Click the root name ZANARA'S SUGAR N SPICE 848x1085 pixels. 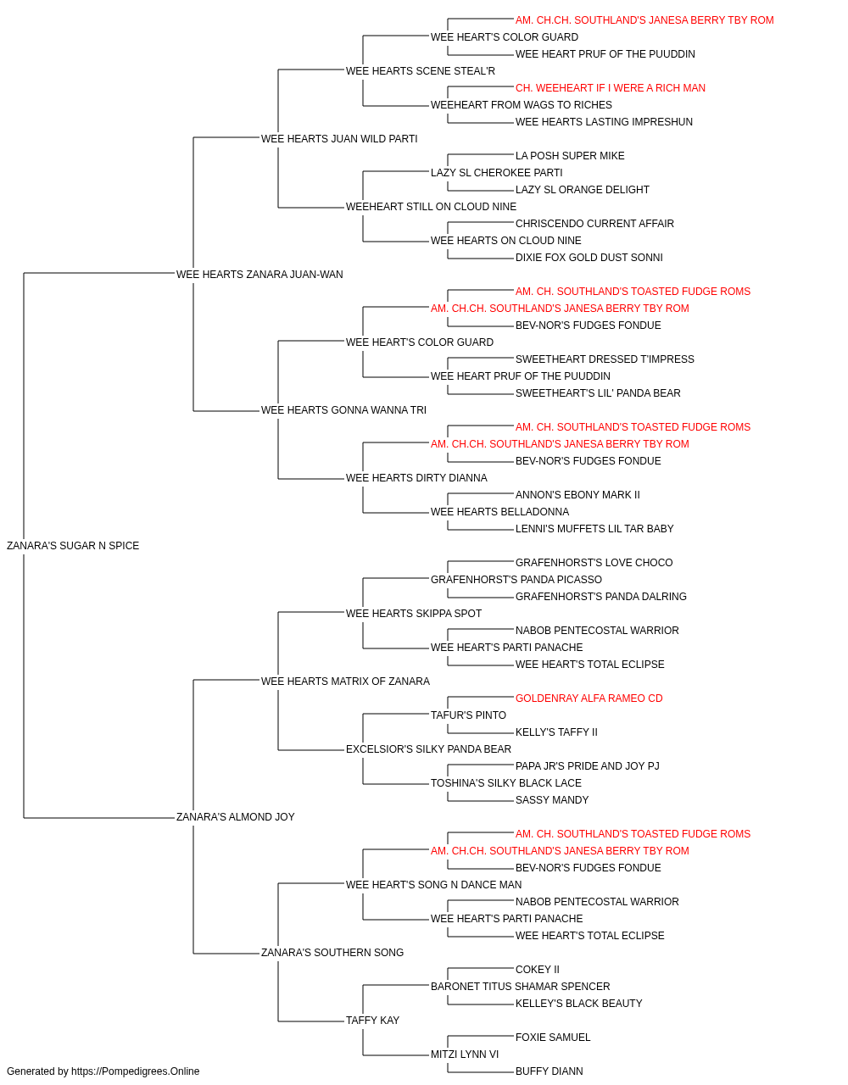73,546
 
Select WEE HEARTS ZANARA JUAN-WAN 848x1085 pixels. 259,275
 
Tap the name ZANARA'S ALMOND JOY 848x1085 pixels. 235,817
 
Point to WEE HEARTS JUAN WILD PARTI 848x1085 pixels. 339,139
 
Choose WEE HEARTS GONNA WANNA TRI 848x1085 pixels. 343,410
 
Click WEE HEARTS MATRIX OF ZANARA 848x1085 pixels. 345,681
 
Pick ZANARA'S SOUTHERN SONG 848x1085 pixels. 332,952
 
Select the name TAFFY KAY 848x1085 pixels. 372,1020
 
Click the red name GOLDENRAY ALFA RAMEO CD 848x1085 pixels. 589,698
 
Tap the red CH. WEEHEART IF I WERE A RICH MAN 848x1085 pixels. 611,88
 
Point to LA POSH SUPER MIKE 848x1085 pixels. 570,156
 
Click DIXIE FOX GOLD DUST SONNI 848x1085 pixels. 589,258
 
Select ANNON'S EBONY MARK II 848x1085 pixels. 577,495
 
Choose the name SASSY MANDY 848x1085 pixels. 552,800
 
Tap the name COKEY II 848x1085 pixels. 538,969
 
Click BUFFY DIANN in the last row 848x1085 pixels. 549,1071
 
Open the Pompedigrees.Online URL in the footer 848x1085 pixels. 135,1071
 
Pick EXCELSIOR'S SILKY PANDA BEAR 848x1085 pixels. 428,749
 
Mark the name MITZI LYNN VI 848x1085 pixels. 465,1054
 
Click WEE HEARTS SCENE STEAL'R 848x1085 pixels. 421,71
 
